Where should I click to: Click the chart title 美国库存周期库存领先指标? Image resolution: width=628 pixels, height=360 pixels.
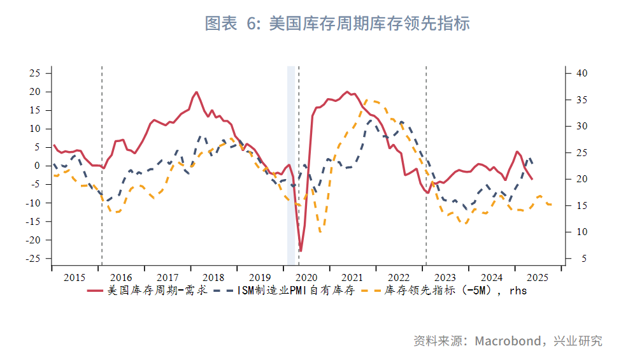point(337,24)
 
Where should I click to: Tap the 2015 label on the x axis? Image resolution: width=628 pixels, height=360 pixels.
point(75,278)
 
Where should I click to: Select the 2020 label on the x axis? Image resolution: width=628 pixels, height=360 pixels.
point(306,278)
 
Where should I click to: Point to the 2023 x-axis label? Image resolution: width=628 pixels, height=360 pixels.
point(445,278)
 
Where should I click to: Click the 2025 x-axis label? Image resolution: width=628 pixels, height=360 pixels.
point(538,278)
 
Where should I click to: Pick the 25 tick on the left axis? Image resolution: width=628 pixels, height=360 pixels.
point(35,73)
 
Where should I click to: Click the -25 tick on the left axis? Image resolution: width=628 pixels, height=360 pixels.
point(33,259)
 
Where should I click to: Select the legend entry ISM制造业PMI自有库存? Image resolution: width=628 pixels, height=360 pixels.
point(296,291)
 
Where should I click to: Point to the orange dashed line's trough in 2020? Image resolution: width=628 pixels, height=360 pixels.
point(320,231)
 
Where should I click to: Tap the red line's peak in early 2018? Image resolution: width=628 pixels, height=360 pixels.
point(196,92)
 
